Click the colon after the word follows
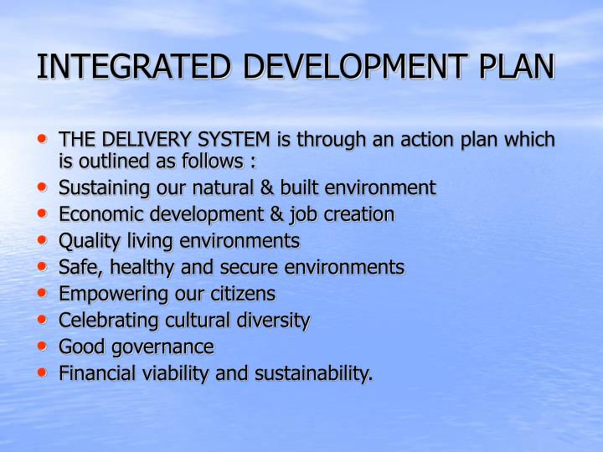tap(251, 161)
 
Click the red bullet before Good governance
tap(43, 345)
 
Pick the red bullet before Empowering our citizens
tap(43, 292)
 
